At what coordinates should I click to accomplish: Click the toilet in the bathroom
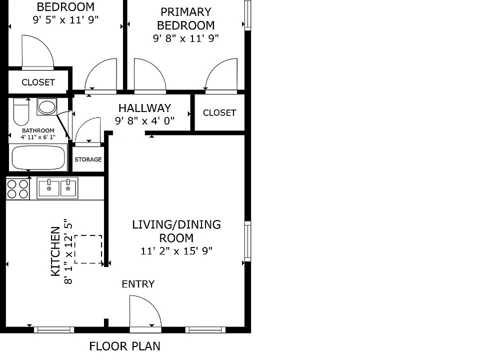21,111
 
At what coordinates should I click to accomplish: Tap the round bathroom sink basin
47,107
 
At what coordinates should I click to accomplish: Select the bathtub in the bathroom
38,157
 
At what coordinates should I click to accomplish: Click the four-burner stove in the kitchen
18,189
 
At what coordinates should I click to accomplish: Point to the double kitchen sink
57,188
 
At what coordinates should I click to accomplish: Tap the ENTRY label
138,284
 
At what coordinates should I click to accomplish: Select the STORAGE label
88,159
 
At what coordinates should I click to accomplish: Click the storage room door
88,131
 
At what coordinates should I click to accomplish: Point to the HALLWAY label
145,108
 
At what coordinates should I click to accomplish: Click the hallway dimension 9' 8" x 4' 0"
145,120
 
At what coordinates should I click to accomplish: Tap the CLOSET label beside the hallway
219,112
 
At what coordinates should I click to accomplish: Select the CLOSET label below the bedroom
38,82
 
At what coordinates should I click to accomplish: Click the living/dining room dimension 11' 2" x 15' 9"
176,251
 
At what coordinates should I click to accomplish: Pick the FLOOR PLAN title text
125,346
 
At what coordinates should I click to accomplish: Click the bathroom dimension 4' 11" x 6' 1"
38,137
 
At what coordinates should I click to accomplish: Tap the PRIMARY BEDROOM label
186,18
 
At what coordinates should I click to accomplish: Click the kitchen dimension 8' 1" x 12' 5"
68,251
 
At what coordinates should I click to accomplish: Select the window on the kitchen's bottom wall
54,329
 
